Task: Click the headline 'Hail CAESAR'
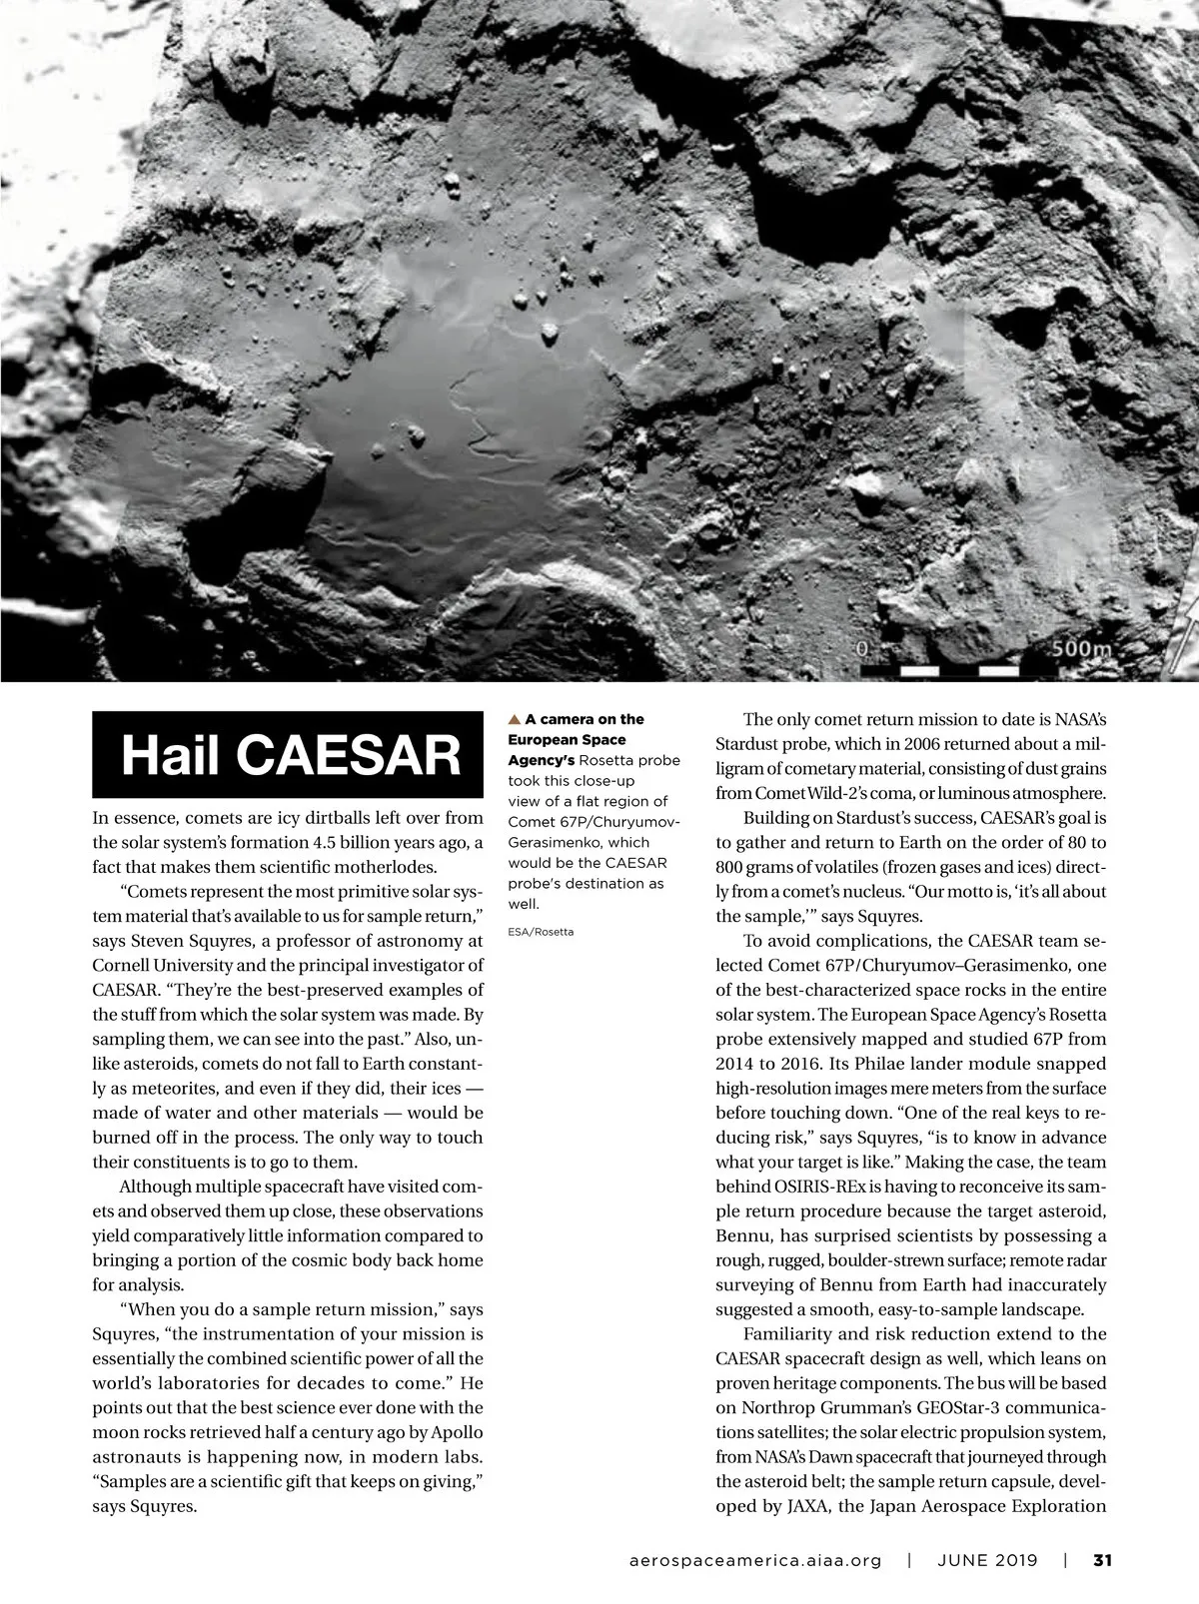[x=291, y=755]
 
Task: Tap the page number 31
[x=1103, y=1560]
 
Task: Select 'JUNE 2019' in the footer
[x=987, y=1560]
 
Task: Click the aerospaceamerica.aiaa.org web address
[x=756, y=1560]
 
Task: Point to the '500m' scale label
[x=1081, y=648]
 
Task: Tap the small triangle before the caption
[x=515, y=719]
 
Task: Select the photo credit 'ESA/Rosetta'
[x=542, y=932]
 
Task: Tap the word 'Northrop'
[x=775, y=1407]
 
